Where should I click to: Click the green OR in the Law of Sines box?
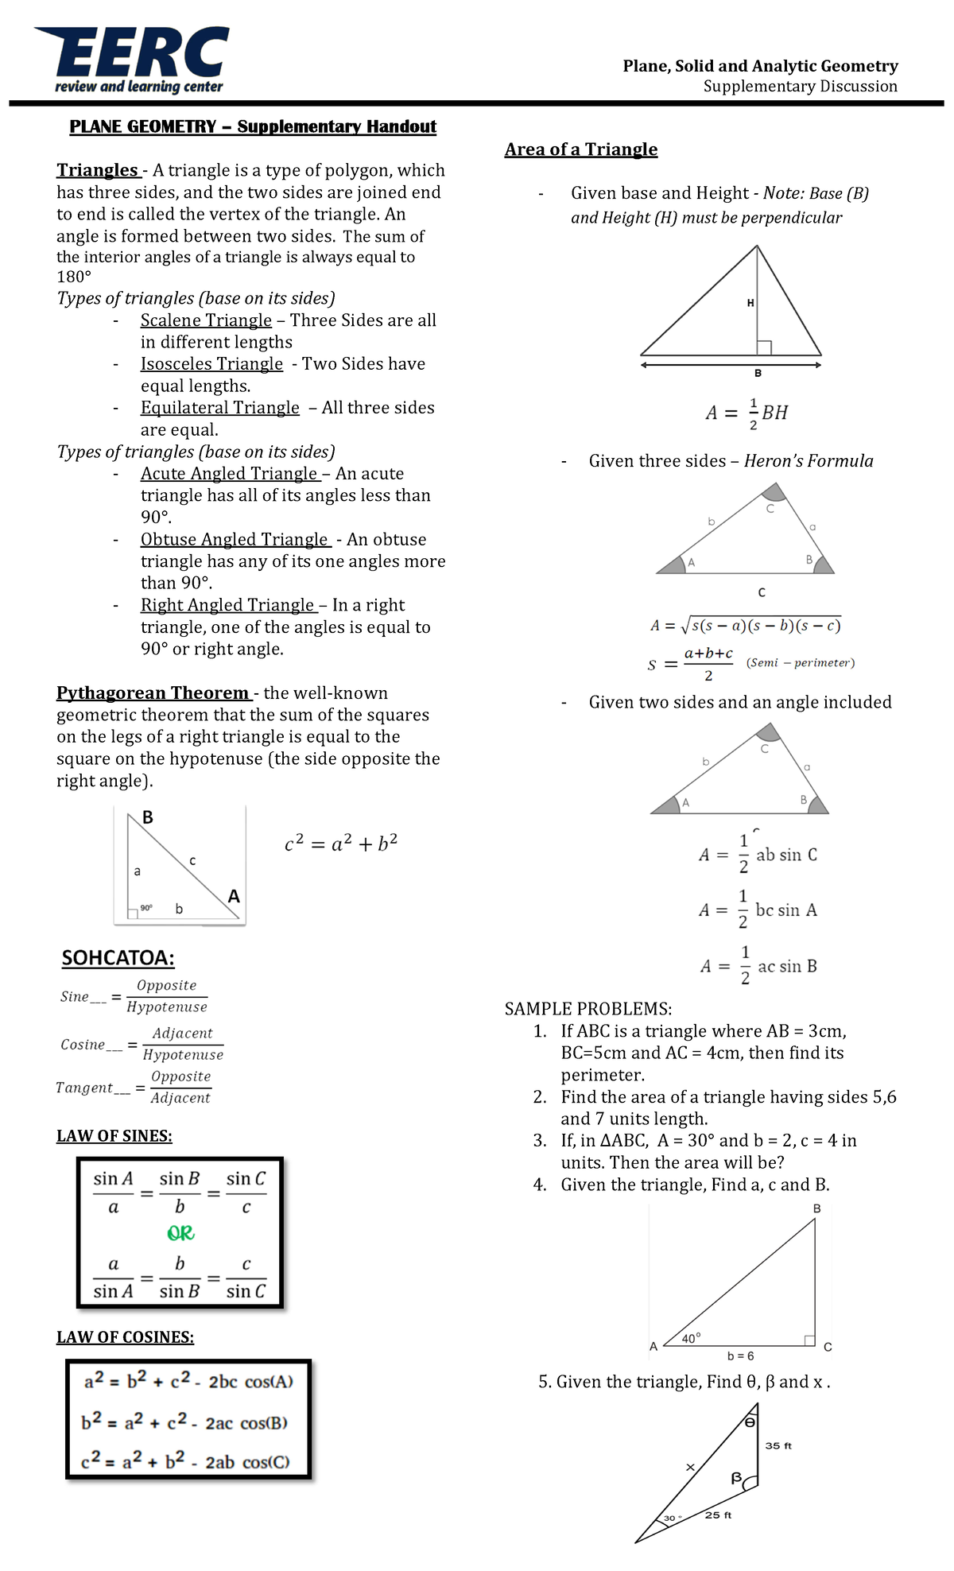click(180, 1233)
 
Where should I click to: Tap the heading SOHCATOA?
click(118, 957)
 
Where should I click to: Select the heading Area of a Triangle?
click(580, 149)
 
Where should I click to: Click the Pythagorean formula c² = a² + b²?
click(341, 843)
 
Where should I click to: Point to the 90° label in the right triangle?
click(146, 907)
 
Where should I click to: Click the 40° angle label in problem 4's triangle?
click(691, 1338)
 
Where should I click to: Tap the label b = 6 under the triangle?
click(740, 1356)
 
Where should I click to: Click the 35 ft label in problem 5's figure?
click(778, 1445)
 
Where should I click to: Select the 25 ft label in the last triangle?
click(718, 1515)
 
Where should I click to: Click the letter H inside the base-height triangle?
click(750, 303)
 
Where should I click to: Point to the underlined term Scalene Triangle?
click(206, 320)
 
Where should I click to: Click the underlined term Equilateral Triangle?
click(219, 407)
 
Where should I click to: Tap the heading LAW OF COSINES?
click(125, 1337)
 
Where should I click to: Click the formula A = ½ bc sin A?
click(758, 910)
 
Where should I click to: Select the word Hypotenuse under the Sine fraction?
click(167, 1007)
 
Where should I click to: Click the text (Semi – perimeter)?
click(800, 662)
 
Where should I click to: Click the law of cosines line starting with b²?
click(184, 1422)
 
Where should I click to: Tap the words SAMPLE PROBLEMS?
click(588, 1009)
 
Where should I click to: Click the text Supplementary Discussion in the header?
click(800, 86)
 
